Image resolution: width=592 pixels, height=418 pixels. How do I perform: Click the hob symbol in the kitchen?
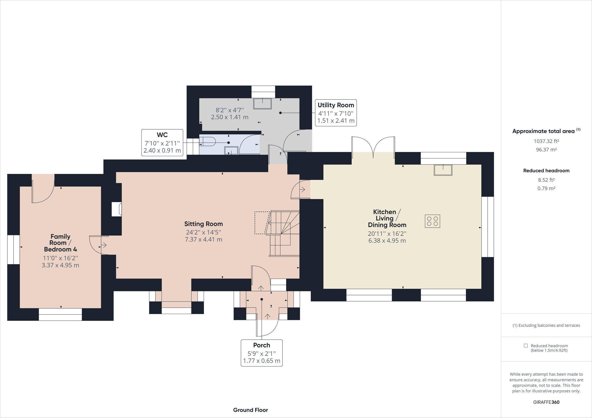[432, 221]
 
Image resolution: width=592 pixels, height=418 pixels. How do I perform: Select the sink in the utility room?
[262, 103]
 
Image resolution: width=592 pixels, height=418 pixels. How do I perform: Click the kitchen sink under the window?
[443, 170]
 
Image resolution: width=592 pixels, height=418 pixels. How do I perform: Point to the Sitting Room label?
[203, 224]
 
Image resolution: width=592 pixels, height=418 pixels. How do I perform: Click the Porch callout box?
[261, 352]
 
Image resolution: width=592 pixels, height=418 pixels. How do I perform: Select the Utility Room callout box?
[336, 113]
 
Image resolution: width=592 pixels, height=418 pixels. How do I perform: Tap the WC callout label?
[162, 135]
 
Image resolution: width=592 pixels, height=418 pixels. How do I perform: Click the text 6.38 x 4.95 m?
[387, 241]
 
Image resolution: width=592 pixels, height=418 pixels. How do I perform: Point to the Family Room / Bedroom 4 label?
[60, 243]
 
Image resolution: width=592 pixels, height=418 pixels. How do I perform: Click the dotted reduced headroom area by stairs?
[262, 222]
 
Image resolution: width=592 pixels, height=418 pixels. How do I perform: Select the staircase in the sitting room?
[284, 233]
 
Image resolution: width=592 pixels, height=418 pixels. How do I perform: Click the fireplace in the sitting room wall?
[116, 209]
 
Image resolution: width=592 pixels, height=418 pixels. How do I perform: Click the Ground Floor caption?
[250, 410]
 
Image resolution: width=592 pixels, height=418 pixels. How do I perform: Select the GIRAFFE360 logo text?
[546, 402]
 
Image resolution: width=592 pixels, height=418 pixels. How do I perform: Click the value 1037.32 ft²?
[546, 141]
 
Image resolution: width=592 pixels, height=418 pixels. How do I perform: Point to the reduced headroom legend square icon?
[526, 346]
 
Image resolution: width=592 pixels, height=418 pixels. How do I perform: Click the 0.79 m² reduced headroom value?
[546, 188]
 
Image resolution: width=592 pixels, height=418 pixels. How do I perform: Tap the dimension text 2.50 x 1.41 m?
[229, 117]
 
